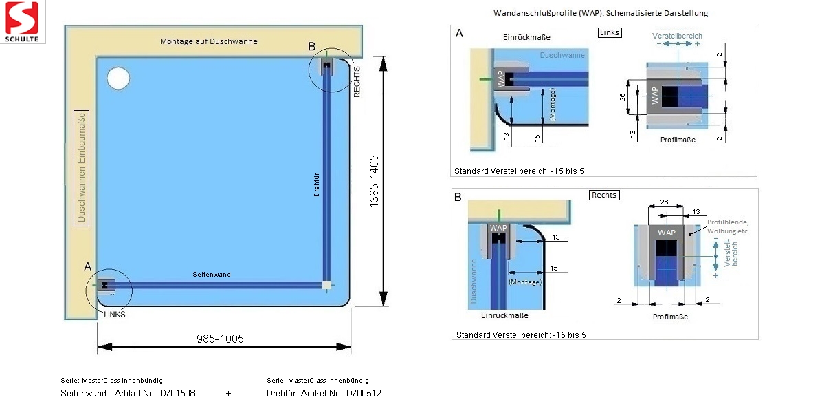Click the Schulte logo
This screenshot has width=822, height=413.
(23, 21)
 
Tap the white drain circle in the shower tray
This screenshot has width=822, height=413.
(118, 78)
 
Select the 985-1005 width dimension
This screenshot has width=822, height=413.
(220, 339)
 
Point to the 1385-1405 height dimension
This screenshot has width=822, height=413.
(374, 181)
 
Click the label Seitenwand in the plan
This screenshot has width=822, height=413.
(212, 275)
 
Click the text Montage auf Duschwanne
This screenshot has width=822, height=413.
(209, 41)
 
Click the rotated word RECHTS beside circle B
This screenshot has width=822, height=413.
(357, 82)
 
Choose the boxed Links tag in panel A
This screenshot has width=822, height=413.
(610, 32)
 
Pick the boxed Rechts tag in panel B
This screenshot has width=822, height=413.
(605, 195)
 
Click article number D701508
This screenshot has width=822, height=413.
(177, 394)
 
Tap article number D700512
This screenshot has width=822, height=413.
(364, 394)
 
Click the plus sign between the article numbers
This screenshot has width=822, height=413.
(228, 394)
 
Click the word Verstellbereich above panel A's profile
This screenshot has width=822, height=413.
(678, 35)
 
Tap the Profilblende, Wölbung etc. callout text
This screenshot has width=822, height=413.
(728, 226)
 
